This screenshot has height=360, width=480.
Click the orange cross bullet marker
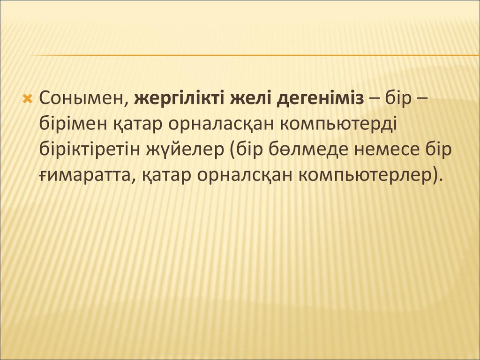click(x=28, y=98)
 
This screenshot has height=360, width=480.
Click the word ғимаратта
click(x=86, y=176)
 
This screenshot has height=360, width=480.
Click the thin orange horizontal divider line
click(x=255, y=55)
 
